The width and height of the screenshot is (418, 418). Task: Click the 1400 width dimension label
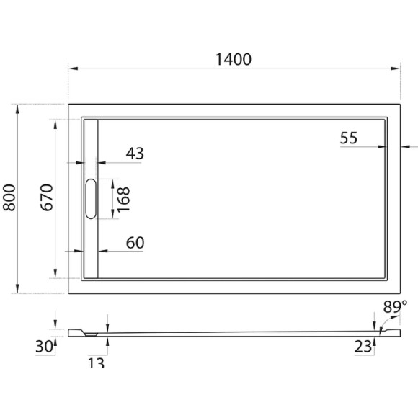pos(233,59)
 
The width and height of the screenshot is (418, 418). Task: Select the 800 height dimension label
pos(10,197)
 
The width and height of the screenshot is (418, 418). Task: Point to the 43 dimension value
pos(135,154)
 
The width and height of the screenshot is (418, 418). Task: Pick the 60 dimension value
pos(135,243)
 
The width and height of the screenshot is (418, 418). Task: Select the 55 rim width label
pos(349,138)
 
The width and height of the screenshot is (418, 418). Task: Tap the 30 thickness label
pos(44,347)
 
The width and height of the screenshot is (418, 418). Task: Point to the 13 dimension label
pos(96,363)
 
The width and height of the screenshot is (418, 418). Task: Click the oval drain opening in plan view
pos(90,198)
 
